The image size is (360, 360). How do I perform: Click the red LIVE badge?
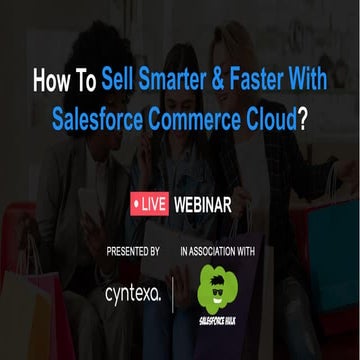click(x=150, y=205)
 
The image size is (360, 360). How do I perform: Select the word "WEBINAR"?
click(x=203, y=205)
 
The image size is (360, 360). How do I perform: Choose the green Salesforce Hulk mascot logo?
click(x=219, y=286)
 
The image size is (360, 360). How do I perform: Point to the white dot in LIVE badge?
click(x=136, y=205)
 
